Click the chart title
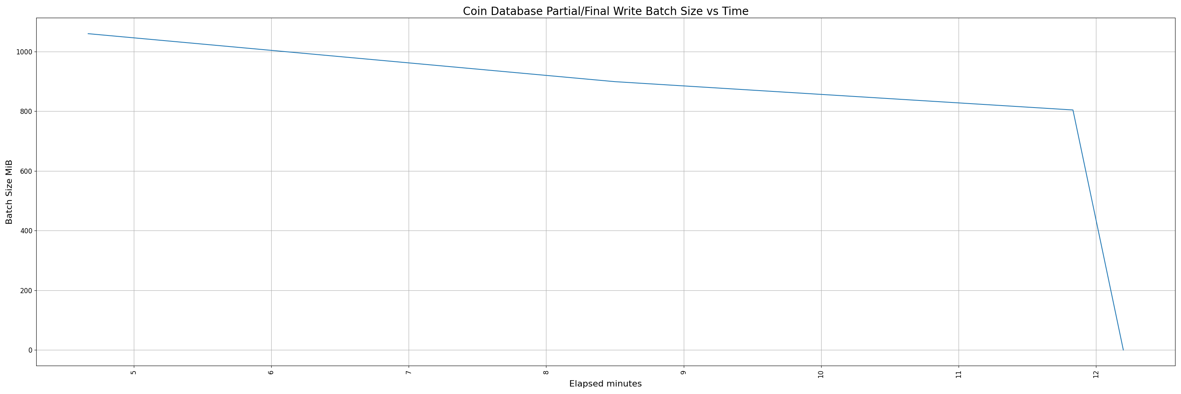(x=605, y=11)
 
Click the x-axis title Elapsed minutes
(x=605, y=384)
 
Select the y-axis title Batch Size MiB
(x=9, y=192)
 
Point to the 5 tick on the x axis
(x=134, y=372)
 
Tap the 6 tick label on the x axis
(x=271, y=372)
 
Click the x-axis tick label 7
(x=409, y=372)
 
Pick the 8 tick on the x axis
(x=546, y=372)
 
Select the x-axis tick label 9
(x=683, y=372)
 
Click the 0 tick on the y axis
(x=30, y=350)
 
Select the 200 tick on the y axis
(x=27, y=291)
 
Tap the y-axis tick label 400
(x=27, y=231)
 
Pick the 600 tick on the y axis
(x=27, y=171)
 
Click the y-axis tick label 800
(x=27, y=112)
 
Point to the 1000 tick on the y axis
(x=25, y=52)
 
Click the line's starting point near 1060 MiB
(x=88, y=33)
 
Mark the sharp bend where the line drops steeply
(x=1073, y=110)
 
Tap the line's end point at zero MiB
(x=1123, y=350)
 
